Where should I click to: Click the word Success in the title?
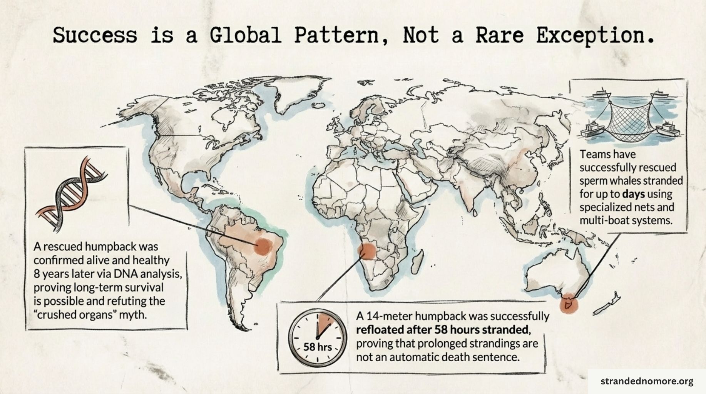(x=95, y=35)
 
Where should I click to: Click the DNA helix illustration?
(x=72, y=191)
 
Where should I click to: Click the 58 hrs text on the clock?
(x=317, y=347)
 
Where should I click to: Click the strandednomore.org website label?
(x=647, y=381)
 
